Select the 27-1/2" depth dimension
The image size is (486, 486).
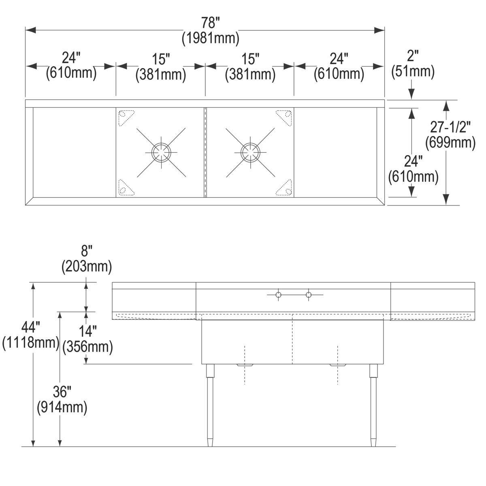pos(450,128)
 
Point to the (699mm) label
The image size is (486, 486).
pos(450,142)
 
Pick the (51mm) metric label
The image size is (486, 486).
pos(412,71)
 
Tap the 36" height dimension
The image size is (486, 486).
pos(62,392)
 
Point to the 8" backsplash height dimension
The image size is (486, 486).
pos(86,251)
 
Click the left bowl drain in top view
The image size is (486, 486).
pos(161,152)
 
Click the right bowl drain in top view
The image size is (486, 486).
pos(250,152)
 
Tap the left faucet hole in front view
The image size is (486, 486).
pos(278,294)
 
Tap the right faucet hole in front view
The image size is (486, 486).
pos(309,294)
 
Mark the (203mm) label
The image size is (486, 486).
pos(86,266)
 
